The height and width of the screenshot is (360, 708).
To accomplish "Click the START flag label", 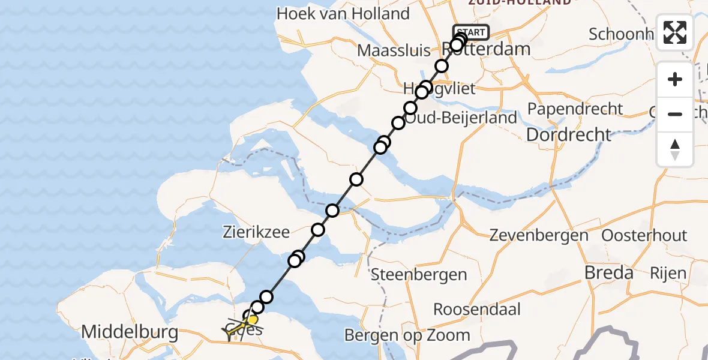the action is coord(471,32).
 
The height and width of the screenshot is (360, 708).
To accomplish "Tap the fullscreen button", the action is coord(675,32).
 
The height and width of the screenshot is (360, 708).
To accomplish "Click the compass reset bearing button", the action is coord(675,149).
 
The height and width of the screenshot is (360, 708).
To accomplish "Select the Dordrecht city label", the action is coord(568,134).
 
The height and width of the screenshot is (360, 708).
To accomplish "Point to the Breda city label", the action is coord(609,273).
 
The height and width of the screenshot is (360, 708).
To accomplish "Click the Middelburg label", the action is coord(130,332).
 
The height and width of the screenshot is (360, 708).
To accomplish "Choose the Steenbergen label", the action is coord(419,275).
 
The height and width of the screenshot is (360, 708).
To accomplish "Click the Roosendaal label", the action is coord(477,310).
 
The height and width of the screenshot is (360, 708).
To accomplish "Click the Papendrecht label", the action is coord(575,109).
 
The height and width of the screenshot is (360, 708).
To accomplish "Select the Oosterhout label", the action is coord(644,235).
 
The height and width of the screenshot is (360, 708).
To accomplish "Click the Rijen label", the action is coord(668,274).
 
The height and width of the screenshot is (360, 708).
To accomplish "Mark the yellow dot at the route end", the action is coord(253,320).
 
